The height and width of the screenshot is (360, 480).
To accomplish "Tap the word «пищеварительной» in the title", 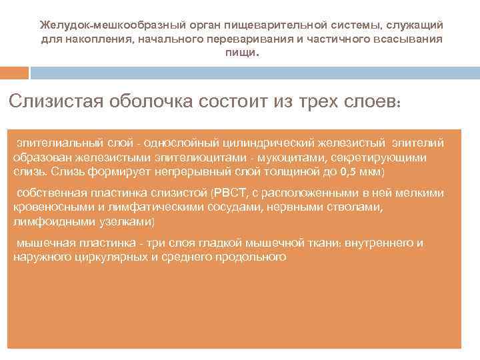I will pos(272,25).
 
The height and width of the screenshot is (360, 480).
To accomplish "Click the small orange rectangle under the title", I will pos(14,71).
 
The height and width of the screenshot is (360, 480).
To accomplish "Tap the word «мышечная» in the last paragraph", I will pos(42,243).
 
